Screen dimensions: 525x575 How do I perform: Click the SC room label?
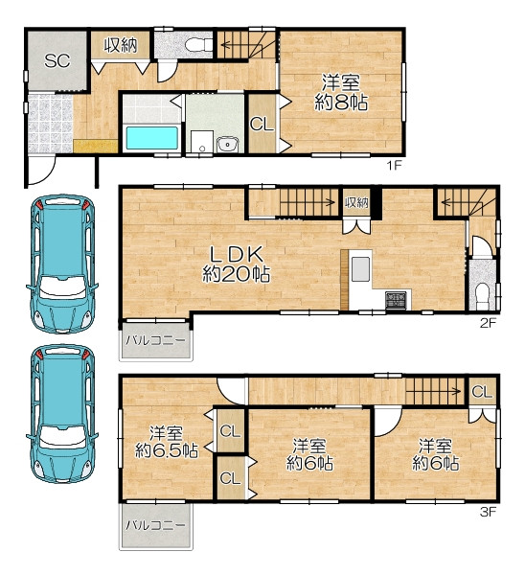[57, 60]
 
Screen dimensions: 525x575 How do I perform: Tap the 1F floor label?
[395, 166]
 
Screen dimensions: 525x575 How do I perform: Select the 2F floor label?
[488, 323]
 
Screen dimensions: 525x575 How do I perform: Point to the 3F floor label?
[488, 511]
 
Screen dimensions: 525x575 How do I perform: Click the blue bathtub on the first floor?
[151, 138]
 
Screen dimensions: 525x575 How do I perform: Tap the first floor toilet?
[198, 45]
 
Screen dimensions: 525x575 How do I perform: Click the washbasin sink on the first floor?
[227, 144]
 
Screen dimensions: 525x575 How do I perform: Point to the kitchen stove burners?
[396, 300]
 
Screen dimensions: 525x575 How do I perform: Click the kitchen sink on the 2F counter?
[360, 269]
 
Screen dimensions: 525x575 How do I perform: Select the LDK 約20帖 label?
[237, 264]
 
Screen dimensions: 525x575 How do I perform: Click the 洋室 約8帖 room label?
[341, 92]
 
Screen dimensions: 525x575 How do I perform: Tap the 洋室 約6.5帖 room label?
[167, 442]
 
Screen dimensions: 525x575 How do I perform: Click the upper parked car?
[61, 264]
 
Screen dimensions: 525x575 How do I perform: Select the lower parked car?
[61, 413]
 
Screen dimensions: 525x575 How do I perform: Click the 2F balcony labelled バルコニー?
[155, 340]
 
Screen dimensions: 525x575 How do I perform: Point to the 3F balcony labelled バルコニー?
[155, 525]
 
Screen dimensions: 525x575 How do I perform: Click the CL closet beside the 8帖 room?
[262, 124]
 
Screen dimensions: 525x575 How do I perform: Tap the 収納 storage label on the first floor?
[121, 45]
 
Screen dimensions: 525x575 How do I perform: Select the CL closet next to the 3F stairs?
[482, 392]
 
